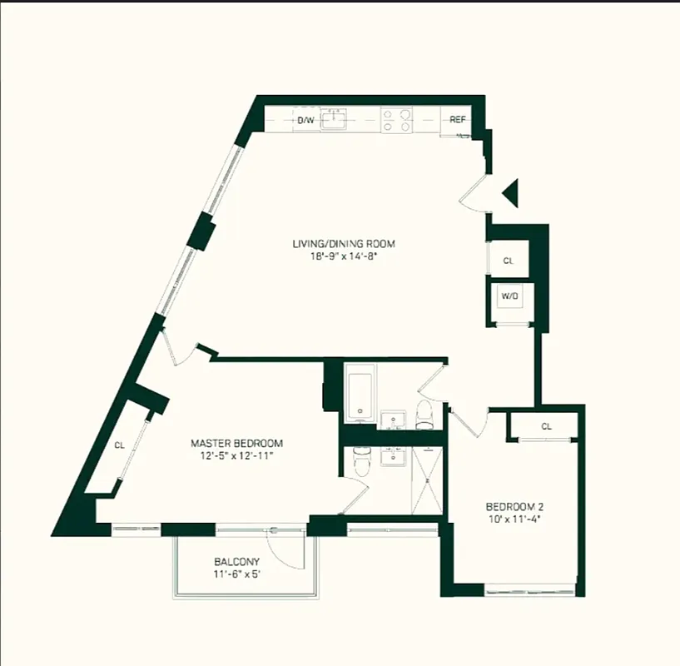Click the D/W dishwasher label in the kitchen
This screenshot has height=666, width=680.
305,121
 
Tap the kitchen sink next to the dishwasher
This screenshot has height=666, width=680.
334,120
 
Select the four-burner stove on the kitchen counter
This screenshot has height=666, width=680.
396,121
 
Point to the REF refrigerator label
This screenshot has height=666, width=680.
457,120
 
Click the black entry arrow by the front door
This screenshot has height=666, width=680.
511,194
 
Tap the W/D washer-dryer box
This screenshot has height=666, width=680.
508,296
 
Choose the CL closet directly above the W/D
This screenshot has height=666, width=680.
508,261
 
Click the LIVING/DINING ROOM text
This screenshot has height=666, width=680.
343,244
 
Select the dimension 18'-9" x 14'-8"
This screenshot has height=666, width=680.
343,256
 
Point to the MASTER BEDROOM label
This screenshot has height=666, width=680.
236,443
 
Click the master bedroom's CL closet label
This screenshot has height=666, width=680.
119,445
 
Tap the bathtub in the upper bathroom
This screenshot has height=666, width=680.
360,394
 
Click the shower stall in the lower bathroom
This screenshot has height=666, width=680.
426,482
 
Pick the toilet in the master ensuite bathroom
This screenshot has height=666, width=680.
360,460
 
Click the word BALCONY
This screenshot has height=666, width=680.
237,561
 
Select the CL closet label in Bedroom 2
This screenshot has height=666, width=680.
546,426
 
